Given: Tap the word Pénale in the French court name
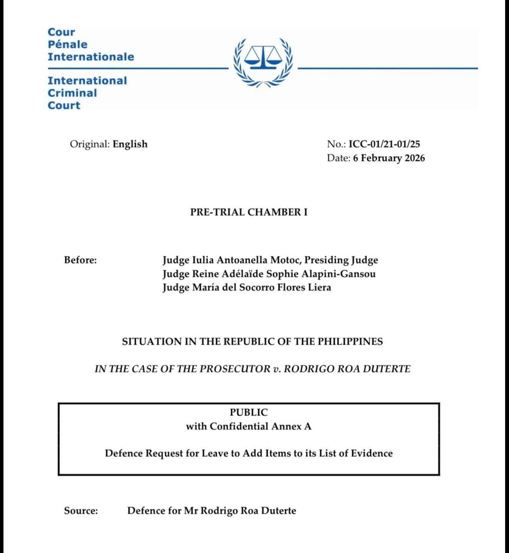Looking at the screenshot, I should [67, 44].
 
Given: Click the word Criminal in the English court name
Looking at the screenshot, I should [72, 93].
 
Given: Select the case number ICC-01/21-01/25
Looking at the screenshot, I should [384, 144].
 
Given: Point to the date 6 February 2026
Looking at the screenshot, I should [388, 158].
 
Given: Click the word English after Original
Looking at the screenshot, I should [130, 144].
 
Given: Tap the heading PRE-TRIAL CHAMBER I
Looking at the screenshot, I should [249, 212].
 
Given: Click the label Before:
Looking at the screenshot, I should [80, 260].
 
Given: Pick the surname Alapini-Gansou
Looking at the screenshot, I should [338, 274].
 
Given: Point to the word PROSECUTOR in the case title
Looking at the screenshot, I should [234, 369].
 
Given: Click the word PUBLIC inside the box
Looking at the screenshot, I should [249, 412].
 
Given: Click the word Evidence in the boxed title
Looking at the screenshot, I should [372, 453].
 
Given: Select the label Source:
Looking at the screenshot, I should [81, 510].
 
